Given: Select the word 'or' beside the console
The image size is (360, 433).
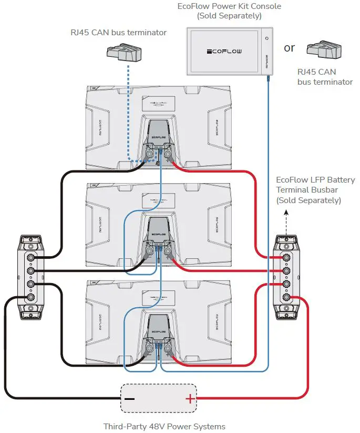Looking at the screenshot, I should (x=290, y=48).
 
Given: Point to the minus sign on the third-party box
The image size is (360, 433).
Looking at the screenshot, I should (x=129, y=399).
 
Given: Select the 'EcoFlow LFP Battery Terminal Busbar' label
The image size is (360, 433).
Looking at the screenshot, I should (x=315, y=190).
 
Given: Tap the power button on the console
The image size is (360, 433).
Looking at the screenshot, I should (x=267, y=38).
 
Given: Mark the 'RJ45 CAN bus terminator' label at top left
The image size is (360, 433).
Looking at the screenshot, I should (x=118, y=33).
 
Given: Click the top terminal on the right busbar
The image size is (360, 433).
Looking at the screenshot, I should (x=286, y=258).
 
